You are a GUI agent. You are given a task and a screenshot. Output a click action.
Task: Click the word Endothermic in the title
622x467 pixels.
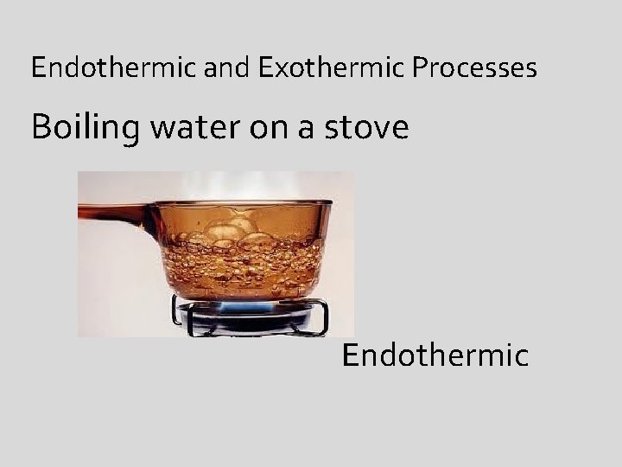[x=115, y=67]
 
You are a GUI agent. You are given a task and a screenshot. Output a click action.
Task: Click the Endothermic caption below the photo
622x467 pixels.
[x=435, y=355]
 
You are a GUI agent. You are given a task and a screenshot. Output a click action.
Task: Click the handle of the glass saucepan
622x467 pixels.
[x=112, y=210]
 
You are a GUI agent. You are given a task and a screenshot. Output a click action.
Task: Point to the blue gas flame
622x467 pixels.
[x=245, y=306]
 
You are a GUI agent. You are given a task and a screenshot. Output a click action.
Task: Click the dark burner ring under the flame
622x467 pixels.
[x=246, y=322]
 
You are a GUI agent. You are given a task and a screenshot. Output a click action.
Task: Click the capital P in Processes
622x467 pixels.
[x=419, y=67]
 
